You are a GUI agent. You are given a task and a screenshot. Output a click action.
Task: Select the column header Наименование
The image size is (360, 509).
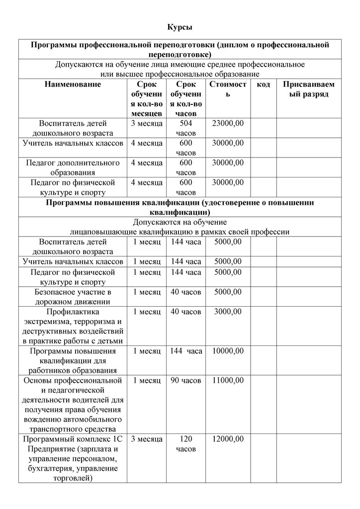pos(73,85)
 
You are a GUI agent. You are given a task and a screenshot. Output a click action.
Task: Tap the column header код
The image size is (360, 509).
pos(264,85)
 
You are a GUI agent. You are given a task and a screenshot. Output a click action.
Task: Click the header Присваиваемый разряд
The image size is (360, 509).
pos(309,89)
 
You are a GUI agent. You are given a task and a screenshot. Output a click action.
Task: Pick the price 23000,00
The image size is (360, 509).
pos(228,123)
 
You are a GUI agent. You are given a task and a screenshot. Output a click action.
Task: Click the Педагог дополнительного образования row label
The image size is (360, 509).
pos(73,168)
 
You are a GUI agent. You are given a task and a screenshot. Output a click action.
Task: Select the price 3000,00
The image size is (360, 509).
pos(228,312)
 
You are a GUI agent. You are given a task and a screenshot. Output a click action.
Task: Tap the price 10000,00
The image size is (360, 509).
pos(228,351)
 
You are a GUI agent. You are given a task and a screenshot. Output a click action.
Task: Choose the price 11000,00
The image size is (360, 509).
pos(228,380)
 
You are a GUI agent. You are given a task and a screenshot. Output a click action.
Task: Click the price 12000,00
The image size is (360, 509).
pos(228,439)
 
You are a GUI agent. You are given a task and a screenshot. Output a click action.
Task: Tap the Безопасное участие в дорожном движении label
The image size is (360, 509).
pos(73,297)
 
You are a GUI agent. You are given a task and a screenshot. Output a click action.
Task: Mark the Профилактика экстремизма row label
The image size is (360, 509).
pos(73,326)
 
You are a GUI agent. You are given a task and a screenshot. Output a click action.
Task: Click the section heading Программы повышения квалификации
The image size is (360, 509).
pos(180,207)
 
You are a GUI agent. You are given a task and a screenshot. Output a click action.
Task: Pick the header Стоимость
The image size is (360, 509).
pos(228,89)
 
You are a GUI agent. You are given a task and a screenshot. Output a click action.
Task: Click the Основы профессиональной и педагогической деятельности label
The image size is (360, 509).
pos(73,405)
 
